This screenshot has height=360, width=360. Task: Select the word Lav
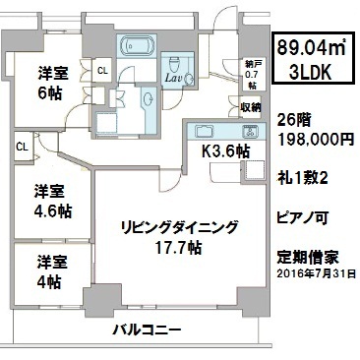click(x=174, y=78)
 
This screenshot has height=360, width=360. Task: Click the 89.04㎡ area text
click(x=312, y=48)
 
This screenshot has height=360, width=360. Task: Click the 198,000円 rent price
click(x=316, y=141)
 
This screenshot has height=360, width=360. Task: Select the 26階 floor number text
click(x=293, y=121)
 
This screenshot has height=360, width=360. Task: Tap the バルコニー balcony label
click(x=147, y=330)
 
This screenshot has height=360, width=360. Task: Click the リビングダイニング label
click(x=178, y=227)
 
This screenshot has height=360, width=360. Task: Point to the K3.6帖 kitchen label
click(x=225, y=151)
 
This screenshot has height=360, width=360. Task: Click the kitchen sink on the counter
click(x=205, y=132)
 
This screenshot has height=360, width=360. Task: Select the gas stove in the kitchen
click(x=251, y=132)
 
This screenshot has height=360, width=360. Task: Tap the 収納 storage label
click(x=251, y=107)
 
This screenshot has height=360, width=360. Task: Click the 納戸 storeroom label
click(x=252, y=64)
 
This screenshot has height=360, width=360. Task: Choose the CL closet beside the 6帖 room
click(x=102, y=70)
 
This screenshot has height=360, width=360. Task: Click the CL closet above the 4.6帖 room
click(x=22, y=147)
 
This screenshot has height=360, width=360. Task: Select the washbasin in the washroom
click(x=149, y=98)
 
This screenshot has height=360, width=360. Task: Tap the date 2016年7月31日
click(x=316, y=273)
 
